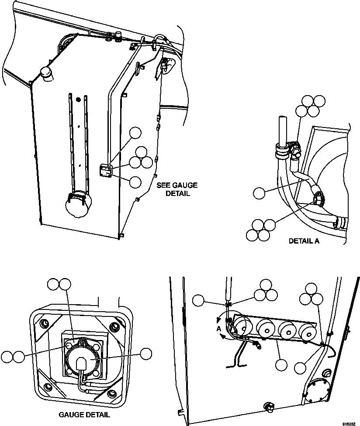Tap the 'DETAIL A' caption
click(x=304, y=240)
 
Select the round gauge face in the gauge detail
click(x=83, y=359)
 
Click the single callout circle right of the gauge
click(x=146, y=354)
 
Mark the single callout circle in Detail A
click(x=259, y=192)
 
